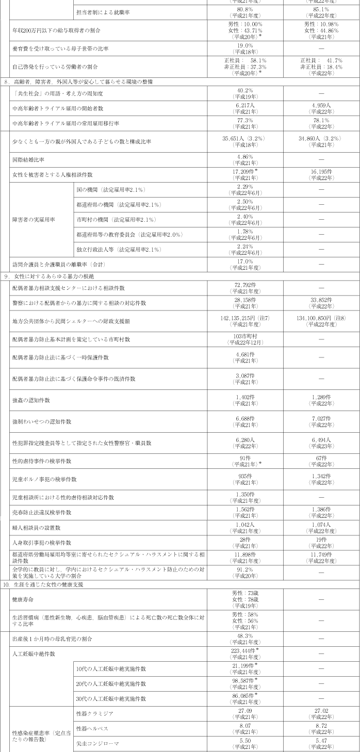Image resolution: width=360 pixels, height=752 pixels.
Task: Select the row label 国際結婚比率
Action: [x=28, y=160]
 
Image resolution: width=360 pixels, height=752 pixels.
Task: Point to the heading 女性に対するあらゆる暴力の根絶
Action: [x=44, y=276]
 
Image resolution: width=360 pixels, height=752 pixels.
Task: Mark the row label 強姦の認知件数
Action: [x=31, y=400]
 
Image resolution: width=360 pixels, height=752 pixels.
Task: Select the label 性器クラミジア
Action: [x=94, y=714]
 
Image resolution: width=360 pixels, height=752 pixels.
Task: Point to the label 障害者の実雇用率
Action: [x=31, y=220]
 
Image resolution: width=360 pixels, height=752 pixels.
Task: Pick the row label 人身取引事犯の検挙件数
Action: [x=42, y=543]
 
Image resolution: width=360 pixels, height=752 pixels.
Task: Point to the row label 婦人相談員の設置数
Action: [x=37, y=528]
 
